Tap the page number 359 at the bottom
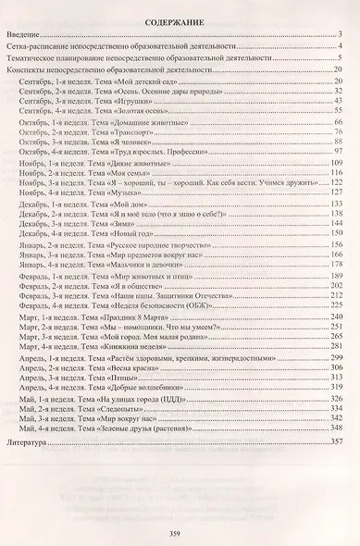(x=180, y=508)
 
